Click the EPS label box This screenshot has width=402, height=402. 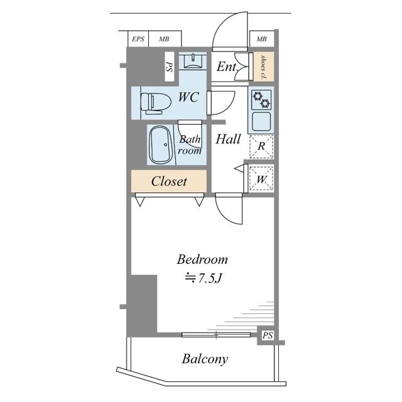138,39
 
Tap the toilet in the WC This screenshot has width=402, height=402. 156,103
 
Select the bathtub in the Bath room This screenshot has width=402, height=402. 161,144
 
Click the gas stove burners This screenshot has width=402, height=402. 261,99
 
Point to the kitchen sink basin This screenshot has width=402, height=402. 261,121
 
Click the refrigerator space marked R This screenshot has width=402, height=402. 261,146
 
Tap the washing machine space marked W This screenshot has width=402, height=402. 261,178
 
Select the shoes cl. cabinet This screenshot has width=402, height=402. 264,67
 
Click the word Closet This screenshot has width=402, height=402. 169,182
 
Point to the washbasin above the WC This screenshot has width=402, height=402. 193,61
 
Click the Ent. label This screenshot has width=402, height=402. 227,67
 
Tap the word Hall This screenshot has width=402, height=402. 228,139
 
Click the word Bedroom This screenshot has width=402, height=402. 202,259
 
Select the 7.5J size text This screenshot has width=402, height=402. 203,278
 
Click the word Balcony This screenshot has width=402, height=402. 205,359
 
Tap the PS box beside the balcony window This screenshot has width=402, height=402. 268,335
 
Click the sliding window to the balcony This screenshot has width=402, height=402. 216,334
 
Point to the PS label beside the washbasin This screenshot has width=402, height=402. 169,67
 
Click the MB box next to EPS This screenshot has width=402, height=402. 165,39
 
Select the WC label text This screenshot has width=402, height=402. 188,97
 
